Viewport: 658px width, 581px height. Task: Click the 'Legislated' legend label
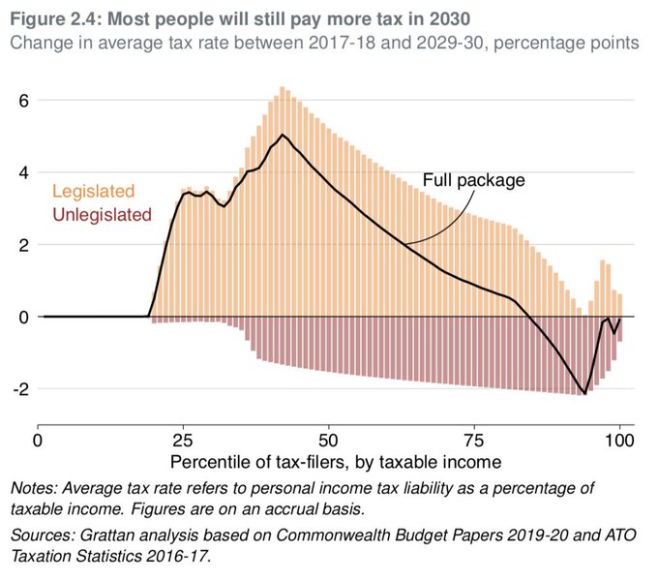click(x=94, y=192)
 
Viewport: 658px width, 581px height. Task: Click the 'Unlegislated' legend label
click(x=103, y=215)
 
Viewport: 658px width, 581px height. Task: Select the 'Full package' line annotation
click(x=473, y=180)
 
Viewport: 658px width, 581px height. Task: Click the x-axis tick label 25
click(x=183, y=439)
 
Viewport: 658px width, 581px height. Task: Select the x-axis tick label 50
click(x=328, y=439)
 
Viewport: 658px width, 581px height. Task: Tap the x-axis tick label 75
click(x=473, y=439)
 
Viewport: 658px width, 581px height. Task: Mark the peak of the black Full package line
click(x=282, y=135)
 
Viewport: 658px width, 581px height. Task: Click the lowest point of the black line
click(x=584, y=393)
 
